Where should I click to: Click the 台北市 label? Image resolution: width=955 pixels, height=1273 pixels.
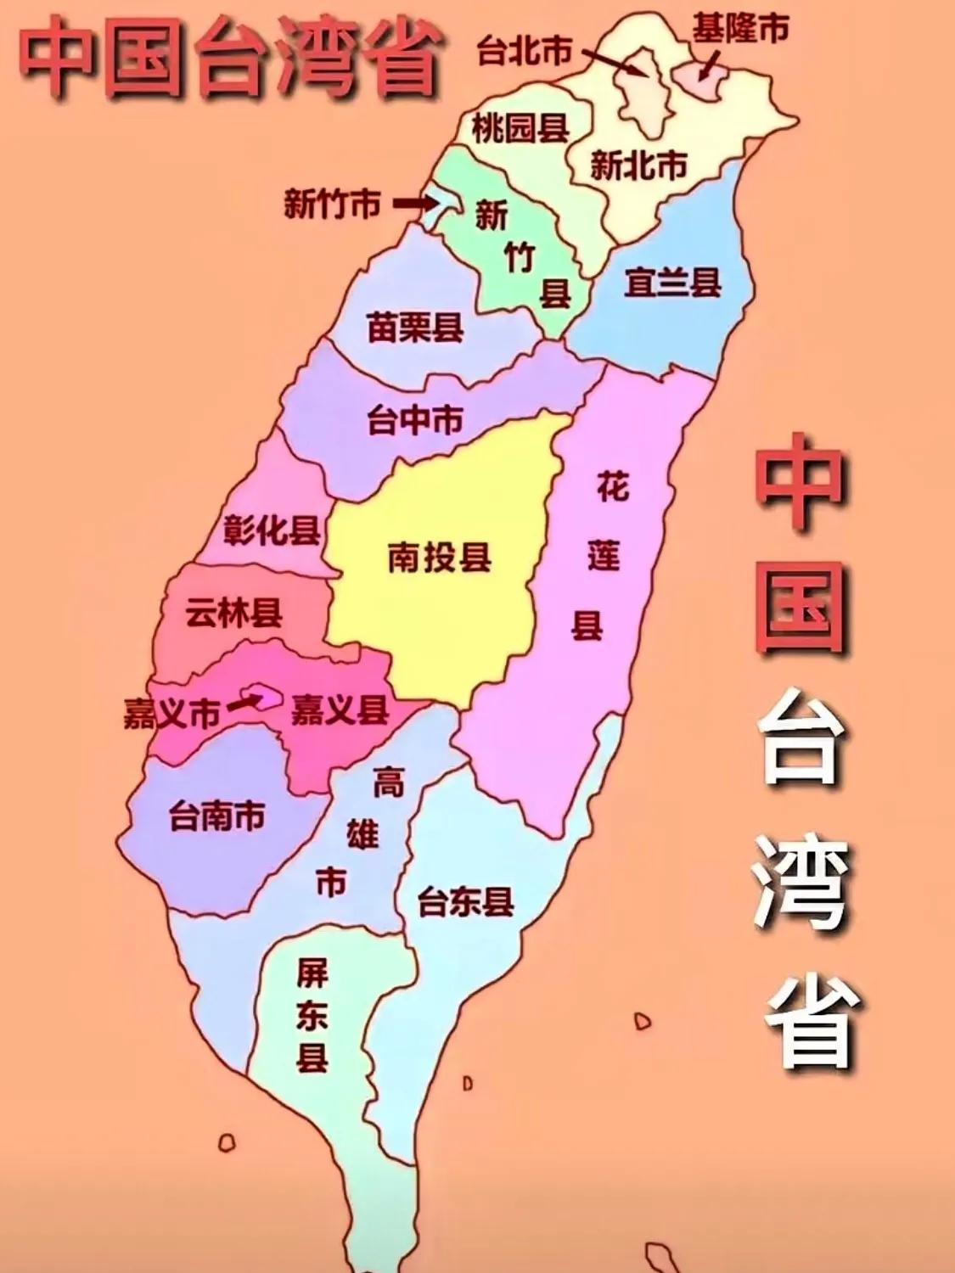pos(524,52)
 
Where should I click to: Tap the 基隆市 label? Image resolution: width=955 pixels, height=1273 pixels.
pos(739,28)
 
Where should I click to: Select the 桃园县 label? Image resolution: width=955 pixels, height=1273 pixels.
pos(520,129)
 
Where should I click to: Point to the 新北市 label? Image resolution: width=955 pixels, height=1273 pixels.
pos(638,165)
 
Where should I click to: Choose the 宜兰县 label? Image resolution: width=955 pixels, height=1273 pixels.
pos(672,282)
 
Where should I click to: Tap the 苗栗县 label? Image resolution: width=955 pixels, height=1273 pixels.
pos(415,327)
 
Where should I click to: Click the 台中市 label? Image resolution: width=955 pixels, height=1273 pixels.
pos(415,420)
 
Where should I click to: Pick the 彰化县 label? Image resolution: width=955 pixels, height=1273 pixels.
pos(272,530)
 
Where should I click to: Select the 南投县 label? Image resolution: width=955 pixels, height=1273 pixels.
pos(440,558)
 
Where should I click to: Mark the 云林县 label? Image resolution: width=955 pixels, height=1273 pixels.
pos(234,613)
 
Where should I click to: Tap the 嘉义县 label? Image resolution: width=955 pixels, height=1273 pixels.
pos(340,709)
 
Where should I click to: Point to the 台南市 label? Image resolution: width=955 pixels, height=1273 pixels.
pos(216,816)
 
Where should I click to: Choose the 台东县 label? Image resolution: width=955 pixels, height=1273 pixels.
pos(465,902)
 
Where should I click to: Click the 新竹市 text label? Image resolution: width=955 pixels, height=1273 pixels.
pos(332,204)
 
